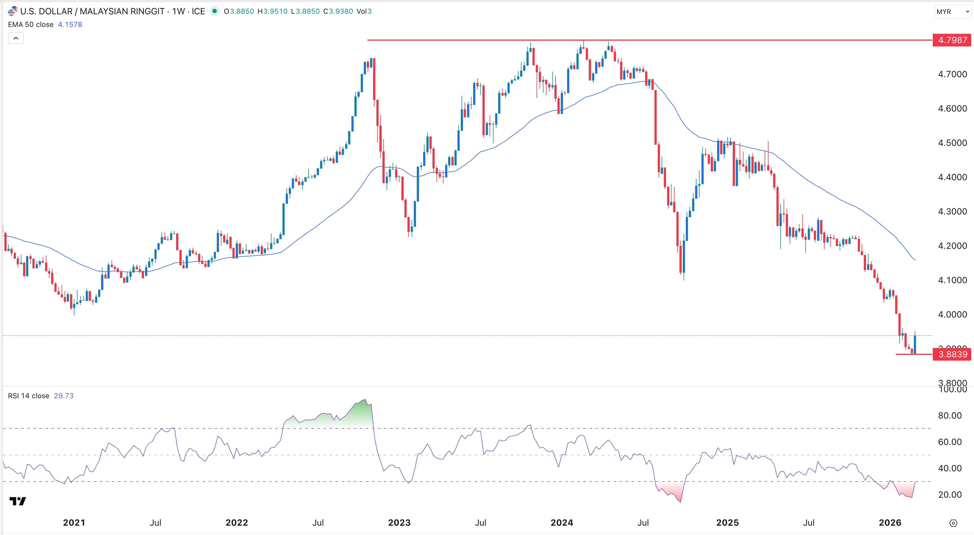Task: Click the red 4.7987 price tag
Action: pyautogui.click(x=952, y=40)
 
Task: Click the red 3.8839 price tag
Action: pyautogui.click(x=952, y=354)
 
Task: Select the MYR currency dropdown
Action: pyautogui.click(x=952, y=12)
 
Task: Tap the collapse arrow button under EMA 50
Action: pyautogui.click(x=16, y=38)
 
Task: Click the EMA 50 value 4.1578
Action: pyautogui.click(x=70, y=24)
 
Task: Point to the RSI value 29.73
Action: pyautogui.click(x=63, y=395)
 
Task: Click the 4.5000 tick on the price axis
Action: pyautogui.click(x=952, y=143)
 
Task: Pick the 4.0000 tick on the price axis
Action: pyautogui.click(x=952, y=314)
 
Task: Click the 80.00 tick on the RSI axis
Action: pyautogui.click(x=950, y=416)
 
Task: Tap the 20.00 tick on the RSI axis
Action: pyautogui.click(x=950, y=495)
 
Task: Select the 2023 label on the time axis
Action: pyautogui.click(x=399, y=523)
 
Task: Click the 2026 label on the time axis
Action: pyautogui.click(x=890, y=523)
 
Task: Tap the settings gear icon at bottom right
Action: pyautogui.click(x=953, y=523)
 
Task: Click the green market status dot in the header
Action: pyautogui.click(x=214, y=11)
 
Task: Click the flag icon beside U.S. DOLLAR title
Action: pyautogui.click(x=12, y=11)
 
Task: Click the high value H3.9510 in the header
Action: pyautogui.click(x=272, y=11)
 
